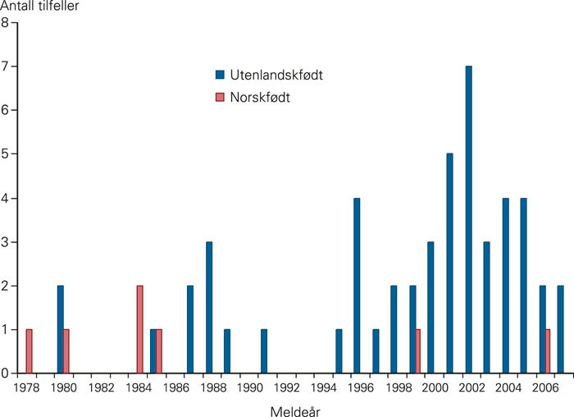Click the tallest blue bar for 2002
point(468,219)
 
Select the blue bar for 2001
point(449,263)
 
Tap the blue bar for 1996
point(357,285)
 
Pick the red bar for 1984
point(139,329)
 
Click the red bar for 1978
point(29,351)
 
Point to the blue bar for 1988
point(209,307)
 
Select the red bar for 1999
point(418,351)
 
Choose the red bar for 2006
point(548,351)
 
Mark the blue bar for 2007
point(561,329)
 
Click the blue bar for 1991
point(264,351)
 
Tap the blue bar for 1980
point(61,329)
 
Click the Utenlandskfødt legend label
point(265,75)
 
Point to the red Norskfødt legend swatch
point(219,97)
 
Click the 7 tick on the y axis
point(5,66)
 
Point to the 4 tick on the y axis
point(5,198)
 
